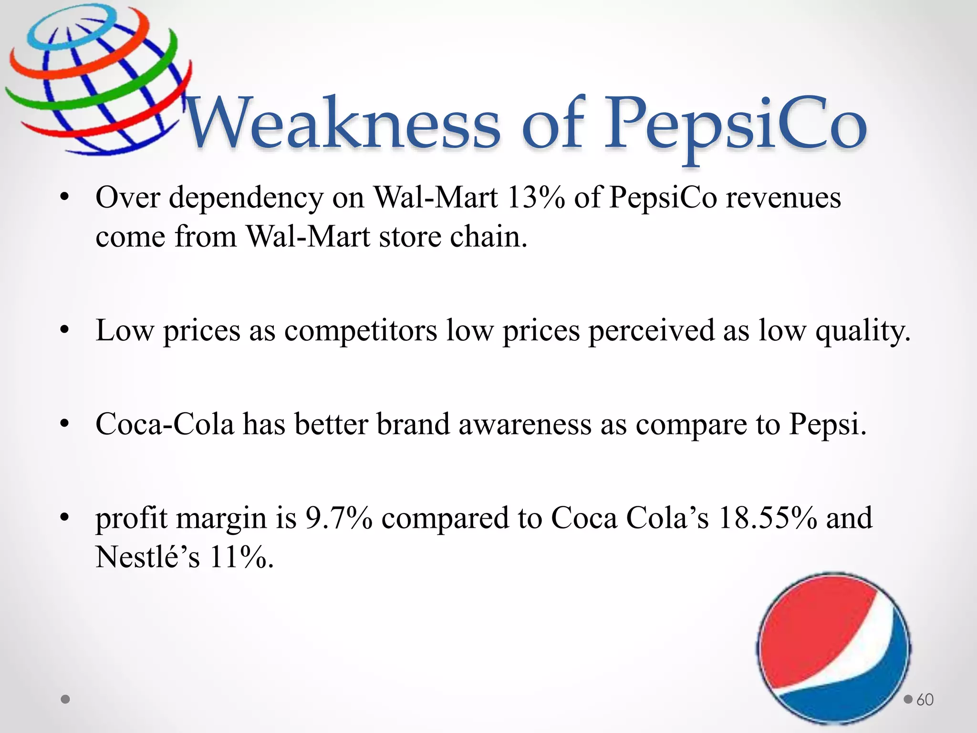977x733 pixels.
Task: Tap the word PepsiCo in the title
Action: pos(735,125)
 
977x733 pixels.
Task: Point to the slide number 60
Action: pos(925,700)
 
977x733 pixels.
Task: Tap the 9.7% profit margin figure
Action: pos(338,518)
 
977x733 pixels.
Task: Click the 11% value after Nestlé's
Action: pos(241,557)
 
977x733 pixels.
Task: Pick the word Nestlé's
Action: pos(147,557)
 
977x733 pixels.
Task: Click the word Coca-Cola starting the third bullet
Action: pos(165,424)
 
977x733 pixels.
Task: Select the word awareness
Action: pos(525,424)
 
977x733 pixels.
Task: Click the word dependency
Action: pos(246,198)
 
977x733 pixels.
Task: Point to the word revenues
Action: pos(783,197)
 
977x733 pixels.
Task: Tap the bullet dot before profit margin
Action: pos(65,517)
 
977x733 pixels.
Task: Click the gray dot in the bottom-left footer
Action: pos(66,700)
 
